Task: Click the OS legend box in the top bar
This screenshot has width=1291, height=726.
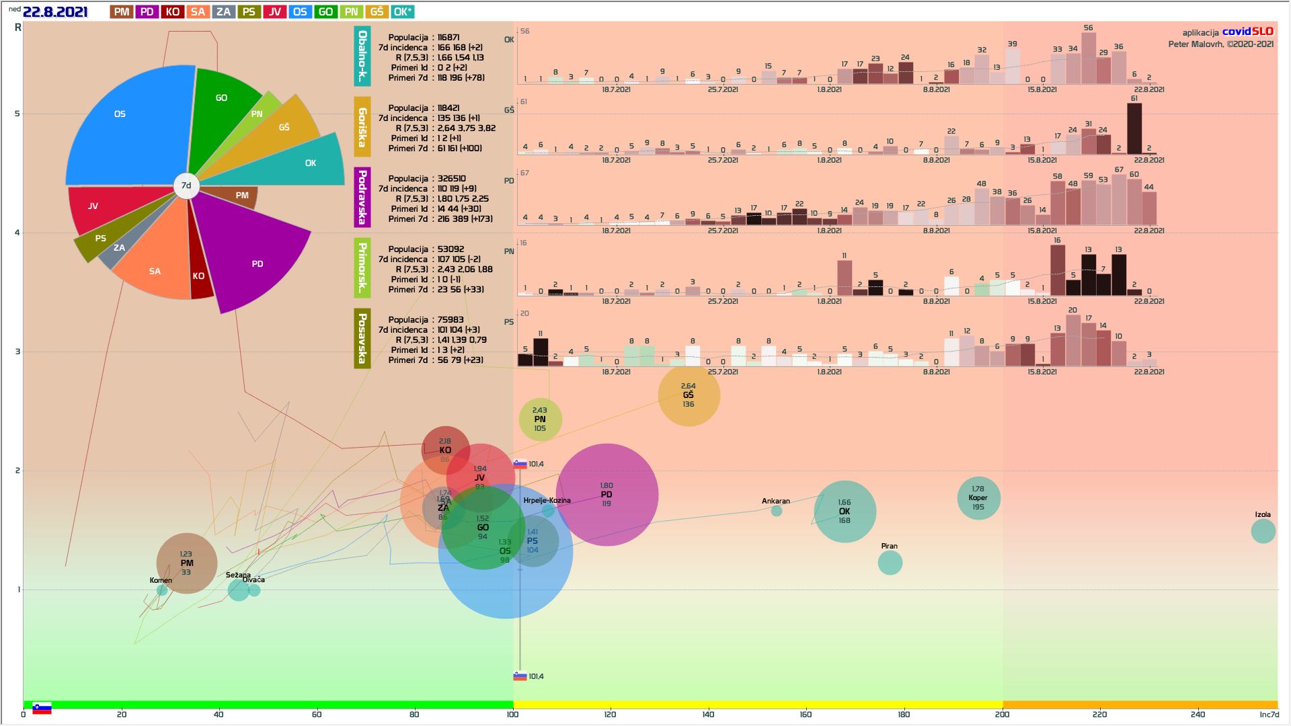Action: coord(300,12)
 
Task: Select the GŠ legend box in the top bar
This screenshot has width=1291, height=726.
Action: coord(377,12)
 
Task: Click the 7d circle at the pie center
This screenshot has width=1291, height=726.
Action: coord(186,186)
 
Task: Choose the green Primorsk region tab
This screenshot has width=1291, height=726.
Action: coord(362,268)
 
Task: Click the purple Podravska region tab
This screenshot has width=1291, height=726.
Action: coord(362,197)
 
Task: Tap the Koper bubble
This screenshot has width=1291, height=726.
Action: coord(978,498)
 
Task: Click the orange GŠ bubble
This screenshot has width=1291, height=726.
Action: coord(689,395)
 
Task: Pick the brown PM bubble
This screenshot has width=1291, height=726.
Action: coord(187,563)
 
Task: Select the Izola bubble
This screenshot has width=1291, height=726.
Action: coord(1263,531)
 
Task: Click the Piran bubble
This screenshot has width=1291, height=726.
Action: coord(890,563)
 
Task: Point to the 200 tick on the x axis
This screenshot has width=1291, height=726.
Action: coord(1002,714)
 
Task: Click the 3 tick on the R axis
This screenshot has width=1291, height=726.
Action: coord(17,352)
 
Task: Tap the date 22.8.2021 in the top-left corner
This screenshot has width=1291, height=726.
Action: coord(55,12)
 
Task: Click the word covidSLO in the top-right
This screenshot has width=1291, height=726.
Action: coord(1247,32)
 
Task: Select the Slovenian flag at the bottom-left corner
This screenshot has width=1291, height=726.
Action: coord(42,709)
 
